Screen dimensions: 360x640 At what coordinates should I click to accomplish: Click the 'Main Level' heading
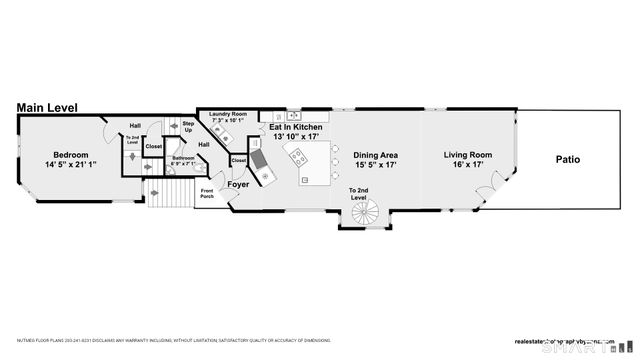click(x=47, y=107)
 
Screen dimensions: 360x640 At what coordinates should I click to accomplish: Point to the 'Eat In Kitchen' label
click(x=296, y=128)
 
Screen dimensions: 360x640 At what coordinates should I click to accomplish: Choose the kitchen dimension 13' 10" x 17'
click(x=296, y=138)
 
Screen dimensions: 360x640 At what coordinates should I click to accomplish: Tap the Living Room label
click(x=469, y=155)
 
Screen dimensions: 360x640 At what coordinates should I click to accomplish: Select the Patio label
click(x=568, y=159)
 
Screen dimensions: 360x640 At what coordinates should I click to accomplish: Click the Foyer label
click(x=238, y=183)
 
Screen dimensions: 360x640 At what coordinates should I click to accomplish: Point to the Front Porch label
click(x=208, y=192)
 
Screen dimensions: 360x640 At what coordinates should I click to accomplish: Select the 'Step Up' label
click(x=187, y=128)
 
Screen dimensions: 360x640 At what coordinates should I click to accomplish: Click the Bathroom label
click(x=183, y=158)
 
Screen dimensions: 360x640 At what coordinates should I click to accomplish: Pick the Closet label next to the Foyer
click(x=239, y=160)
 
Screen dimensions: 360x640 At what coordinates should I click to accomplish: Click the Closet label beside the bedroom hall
click(x=154, y=146)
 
